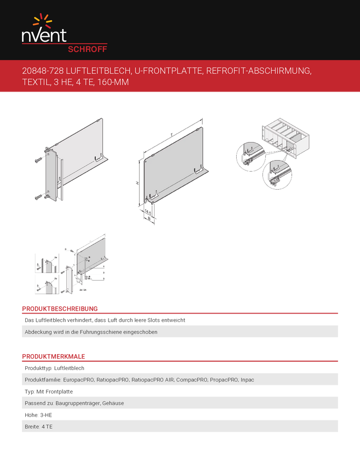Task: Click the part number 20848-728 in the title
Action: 44,71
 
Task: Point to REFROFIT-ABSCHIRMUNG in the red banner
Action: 258,71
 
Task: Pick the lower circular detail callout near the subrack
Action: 277,174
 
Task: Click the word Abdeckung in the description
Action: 39,332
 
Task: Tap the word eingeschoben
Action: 139,332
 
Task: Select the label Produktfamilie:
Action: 43,379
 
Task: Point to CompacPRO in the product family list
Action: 192,379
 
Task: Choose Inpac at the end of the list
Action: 247,379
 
